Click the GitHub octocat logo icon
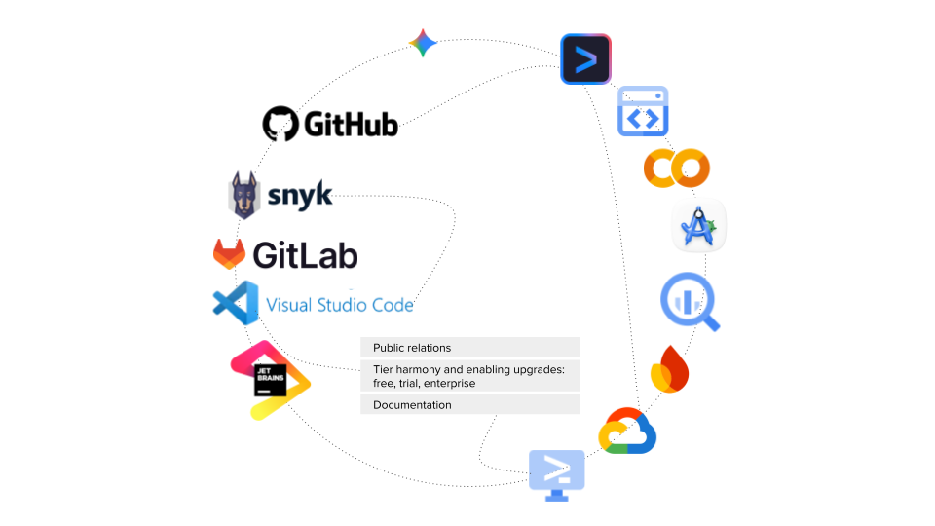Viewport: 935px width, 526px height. pos(280,124)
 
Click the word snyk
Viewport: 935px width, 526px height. pos(299,195)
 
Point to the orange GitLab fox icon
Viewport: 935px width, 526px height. pos(230,254)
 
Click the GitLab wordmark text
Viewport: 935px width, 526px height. pos(305,255)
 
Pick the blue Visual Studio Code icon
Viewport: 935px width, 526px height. pos(236,302)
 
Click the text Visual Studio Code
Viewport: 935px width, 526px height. pos(340,305)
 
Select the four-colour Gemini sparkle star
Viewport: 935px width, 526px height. pos(423,43)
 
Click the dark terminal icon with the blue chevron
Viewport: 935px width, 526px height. pos(585,59)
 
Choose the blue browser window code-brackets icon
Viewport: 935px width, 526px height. pos(644,111)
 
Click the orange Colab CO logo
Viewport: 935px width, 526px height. pos(677,169)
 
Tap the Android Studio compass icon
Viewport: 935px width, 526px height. pos(699,228)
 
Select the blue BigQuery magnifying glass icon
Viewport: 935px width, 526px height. pos(691,301)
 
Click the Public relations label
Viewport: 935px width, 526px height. pos(412,348)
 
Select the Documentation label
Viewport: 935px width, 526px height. pos(412,405)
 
